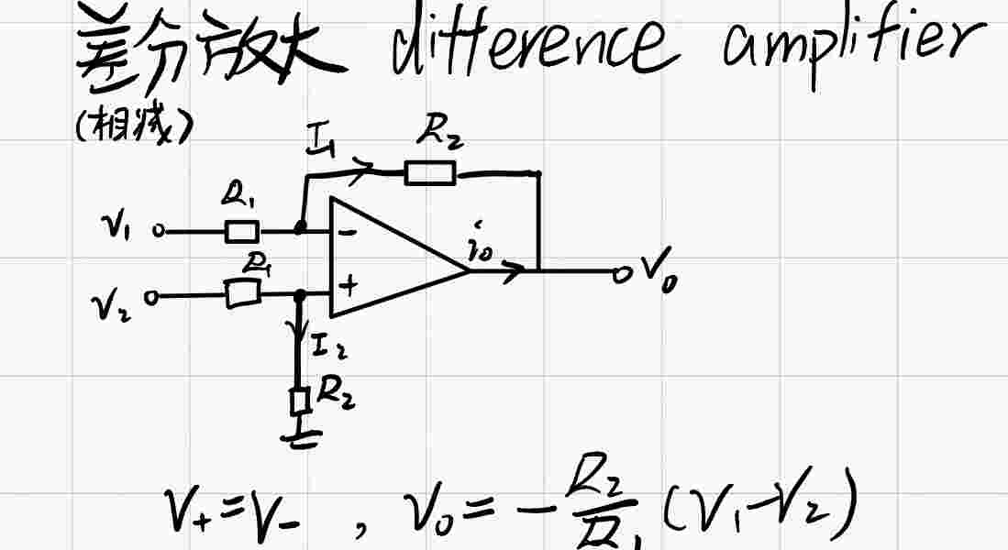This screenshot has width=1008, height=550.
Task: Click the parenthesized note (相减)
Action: [133, 129]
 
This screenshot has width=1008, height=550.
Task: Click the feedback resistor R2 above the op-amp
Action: [430, 172]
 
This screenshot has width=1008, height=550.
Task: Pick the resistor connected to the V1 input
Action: [242, 231]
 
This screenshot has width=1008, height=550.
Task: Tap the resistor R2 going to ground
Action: [298, 401]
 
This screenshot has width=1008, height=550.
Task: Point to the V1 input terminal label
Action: [116, 228]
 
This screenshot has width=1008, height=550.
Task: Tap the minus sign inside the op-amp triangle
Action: [349, 233]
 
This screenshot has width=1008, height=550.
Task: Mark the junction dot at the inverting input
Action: [300, 227]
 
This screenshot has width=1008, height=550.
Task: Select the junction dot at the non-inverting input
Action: [300, 295]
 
